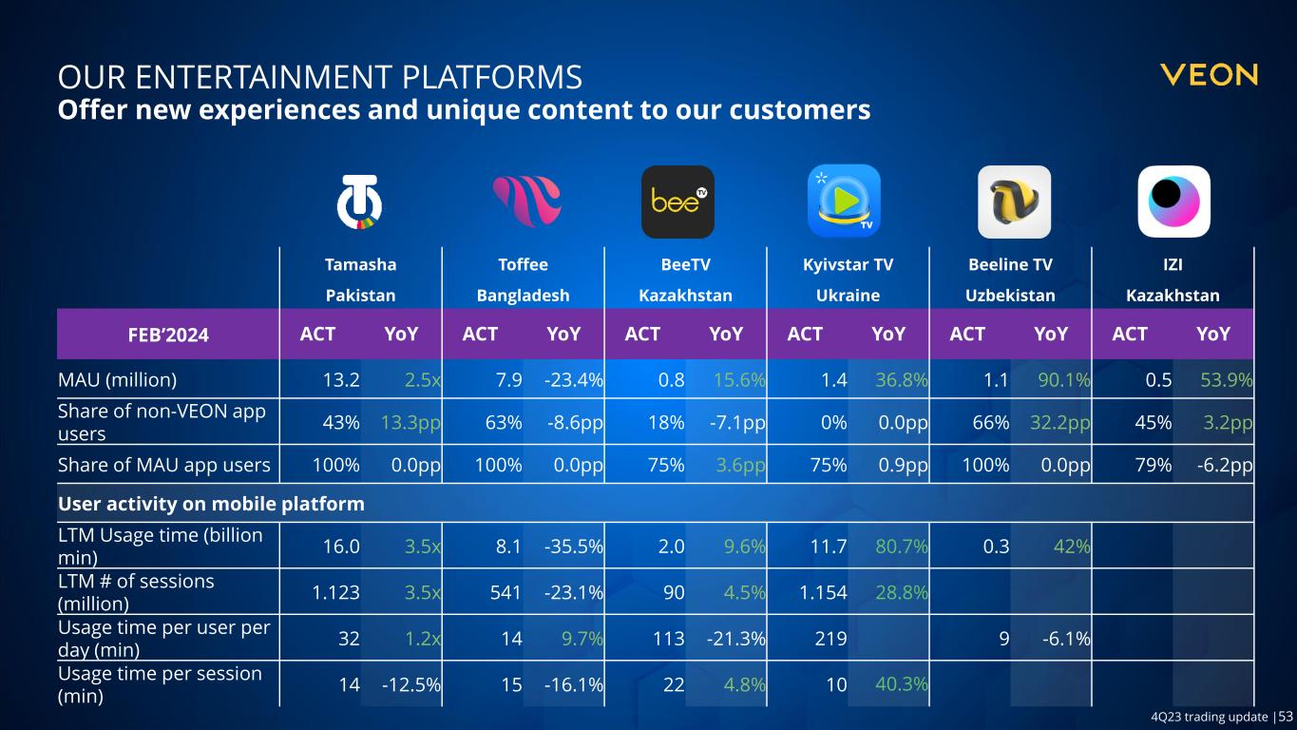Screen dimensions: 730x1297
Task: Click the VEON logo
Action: point(1209,75)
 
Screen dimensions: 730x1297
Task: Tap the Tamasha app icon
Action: point(361,202)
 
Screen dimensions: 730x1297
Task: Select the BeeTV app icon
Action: point(677,202)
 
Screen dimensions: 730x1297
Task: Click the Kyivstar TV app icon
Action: point(844,201)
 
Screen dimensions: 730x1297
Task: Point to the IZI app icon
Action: point(1173,202)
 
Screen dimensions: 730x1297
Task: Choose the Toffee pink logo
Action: point(525,202)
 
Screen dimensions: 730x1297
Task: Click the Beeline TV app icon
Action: point(1014,202)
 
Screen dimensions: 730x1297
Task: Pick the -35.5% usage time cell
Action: point(575,546)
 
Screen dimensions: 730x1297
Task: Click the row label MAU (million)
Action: point(118,381)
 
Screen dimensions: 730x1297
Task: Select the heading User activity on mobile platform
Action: point(211,501)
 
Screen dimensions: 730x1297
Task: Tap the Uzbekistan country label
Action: point(1011,296)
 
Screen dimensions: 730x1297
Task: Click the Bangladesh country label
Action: point(523,296)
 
